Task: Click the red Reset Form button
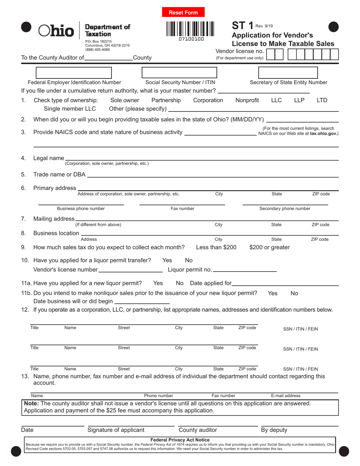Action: (x=183, y=13)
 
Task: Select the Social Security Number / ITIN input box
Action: (x=179, y=72)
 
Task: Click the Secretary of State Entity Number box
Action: (x=288, y=72)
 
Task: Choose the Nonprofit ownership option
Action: (x=247, y=100)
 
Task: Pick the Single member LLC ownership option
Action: (x=70, y=109)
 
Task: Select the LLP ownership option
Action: (x=299, y=100)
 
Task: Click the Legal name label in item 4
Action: (x=49, y=158)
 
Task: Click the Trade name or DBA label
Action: (x=59, y=174)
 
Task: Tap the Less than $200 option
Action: (x=216, y=247)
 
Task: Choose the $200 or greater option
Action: (x=269, y=247)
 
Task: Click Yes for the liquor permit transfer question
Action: (x=167, y=260)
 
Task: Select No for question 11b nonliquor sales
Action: (x=294, y=293)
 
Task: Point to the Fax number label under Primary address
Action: (x=182, y=208)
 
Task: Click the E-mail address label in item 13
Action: (x=286, y=396)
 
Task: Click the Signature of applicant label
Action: (x=116, y=430)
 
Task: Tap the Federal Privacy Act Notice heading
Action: (x=180, y=440)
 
